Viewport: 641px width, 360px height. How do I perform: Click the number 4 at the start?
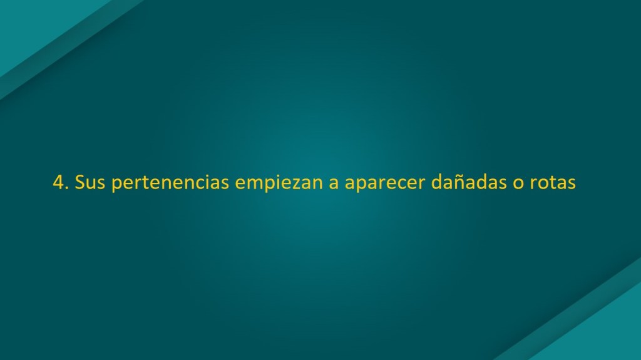(x=58, y=182)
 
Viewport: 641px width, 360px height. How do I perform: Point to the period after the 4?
(x=67, y=188)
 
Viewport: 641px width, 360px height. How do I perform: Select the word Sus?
(x=90, y=182)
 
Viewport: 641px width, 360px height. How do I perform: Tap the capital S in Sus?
(x=79, y=182)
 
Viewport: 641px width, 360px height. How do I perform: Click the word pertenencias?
(x=170, y=183)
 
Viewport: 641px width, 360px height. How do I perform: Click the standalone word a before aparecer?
(x=334, y=184)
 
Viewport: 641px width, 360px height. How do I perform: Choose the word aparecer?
(x=385, y=185)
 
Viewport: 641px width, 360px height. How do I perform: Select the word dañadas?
(x=469, y=182)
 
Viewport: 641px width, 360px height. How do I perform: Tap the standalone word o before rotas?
(x=518, y=184)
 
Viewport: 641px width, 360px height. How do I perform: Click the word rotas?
(x=553, y=183)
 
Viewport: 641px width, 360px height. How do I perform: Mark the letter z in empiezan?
(x=292, y=185)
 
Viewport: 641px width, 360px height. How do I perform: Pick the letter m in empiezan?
(x=254, y=184)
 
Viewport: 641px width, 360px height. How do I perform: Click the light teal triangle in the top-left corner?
(x=37, y=24)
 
